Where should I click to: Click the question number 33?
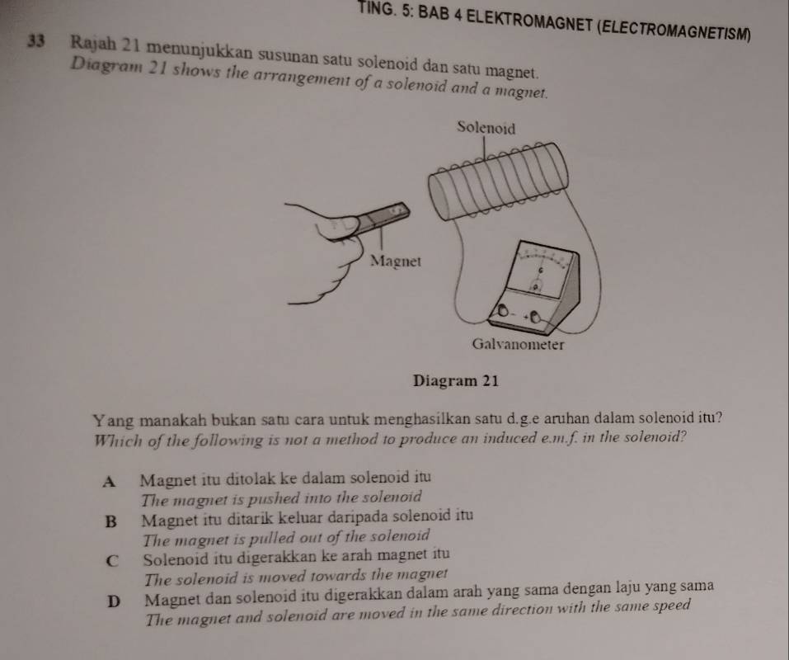point(36,41)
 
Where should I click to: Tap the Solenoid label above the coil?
point(486,129)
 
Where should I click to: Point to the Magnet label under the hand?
point(395,262)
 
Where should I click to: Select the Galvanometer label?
point(518,344)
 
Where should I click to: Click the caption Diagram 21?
point(455,380)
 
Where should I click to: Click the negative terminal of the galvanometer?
point(503,311)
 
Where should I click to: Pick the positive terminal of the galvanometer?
point(535,318)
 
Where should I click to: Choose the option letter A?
point(109,482)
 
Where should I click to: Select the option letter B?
point(110,521)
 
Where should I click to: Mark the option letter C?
point(113,561)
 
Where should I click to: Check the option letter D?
point(115,601)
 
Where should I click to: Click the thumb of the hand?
point(338,227)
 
